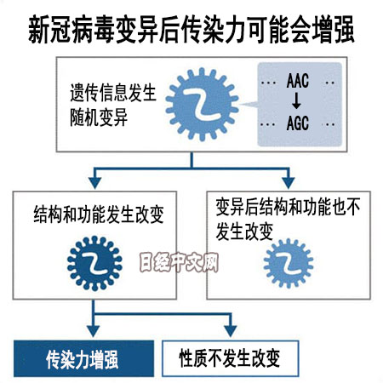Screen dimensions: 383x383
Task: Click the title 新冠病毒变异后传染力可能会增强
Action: tap(191, 30)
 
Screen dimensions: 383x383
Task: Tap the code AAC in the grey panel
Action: tap(298, 81)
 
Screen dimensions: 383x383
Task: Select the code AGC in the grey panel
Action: tap(298, 123)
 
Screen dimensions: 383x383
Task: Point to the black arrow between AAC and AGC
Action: tap(296, 101)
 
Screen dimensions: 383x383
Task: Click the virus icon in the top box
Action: tap(202, 104)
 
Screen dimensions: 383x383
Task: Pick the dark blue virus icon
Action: tap(94, 263)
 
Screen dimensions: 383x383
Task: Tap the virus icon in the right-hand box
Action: tap(289, 263)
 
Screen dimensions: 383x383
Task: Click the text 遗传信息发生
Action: tap(113, 93)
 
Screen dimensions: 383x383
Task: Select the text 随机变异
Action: tap(99, 117)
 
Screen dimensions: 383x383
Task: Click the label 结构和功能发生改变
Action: tap(99, 214)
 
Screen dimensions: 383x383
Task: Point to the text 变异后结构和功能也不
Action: tap(288, 207)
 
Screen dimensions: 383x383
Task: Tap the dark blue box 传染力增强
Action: tap(84, 359)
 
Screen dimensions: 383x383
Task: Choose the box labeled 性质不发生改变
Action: tap(231, 358)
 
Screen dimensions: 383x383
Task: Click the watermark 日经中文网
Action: tap(179, 262)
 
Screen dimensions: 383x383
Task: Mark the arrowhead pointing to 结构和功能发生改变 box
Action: tap(95, 183)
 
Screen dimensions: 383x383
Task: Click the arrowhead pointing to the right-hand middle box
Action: tap(289, 183)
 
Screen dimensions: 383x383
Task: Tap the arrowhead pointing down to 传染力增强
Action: tap(94, 331)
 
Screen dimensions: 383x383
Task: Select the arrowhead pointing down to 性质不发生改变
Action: tap(231, 331)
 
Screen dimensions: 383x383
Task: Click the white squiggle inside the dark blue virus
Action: tap(95, 263)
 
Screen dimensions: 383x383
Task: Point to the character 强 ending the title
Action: tap(344, 30)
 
